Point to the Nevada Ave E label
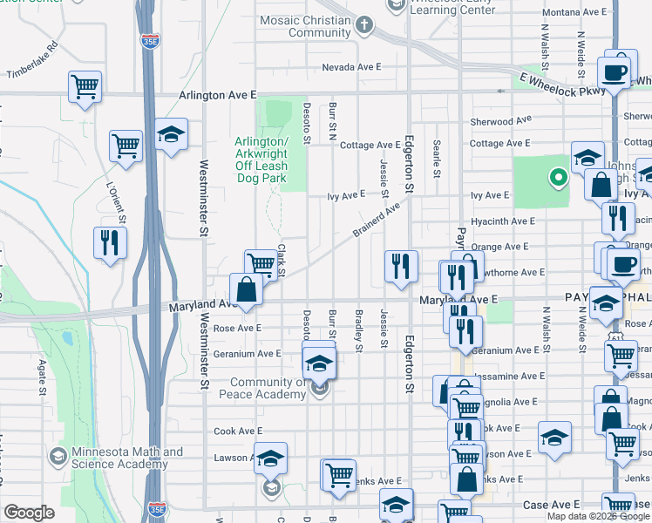(x=352, y=67)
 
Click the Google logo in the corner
(x=29, y=513)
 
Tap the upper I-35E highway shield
(x=150, y=41)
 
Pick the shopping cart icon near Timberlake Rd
(x=85, y=85)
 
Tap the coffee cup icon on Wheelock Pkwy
(x=615, y=71)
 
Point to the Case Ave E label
(x=551, y=506)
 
